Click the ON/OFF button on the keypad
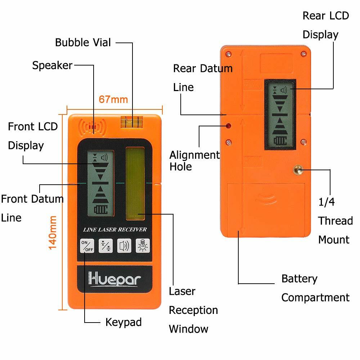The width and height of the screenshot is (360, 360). click(x=87, y=246)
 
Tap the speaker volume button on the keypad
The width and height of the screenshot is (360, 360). click(x=124, y=246)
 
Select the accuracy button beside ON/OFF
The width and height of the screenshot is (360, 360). click(x=105, y=246)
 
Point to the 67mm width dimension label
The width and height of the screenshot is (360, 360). click(x=113, y=99)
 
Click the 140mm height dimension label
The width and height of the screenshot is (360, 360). click(x=53, y=232)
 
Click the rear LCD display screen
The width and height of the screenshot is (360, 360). click(x=280, y=114)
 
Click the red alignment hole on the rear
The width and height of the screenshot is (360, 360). click(x=228, y=126)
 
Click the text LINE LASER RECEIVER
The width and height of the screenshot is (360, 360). click(x=114, y=229)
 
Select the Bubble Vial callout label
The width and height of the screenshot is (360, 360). click(x=83, y=42)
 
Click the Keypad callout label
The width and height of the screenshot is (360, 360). click(x=123, y=322)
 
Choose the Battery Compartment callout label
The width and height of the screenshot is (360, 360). click(x=315, y=288)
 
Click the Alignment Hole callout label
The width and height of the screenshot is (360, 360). click(x=194, y=161)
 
